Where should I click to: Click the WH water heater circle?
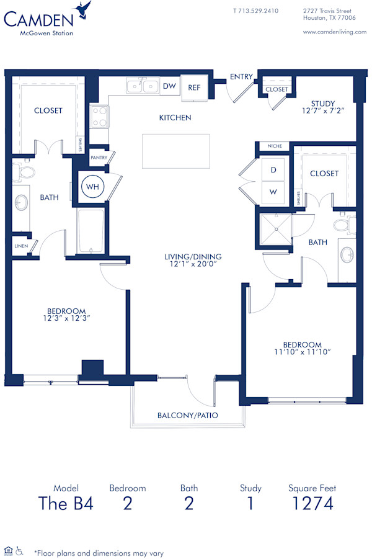92,186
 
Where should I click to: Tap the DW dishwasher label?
169,87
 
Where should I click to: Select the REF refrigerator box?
194,87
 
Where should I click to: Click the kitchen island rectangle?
175,151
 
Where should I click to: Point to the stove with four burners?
100,116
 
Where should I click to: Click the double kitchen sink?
143,86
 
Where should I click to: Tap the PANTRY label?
99,158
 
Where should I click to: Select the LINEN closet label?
20,246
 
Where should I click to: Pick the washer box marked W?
273,192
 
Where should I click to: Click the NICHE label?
275,146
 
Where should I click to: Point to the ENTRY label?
241,76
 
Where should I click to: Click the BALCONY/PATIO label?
187,415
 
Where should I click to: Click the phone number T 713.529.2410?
255,11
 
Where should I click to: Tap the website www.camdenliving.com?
335,32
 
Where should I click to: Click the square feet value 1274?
312,503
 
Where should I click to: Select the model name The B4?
66,503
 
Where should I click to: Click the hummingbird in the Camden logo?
82,9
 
